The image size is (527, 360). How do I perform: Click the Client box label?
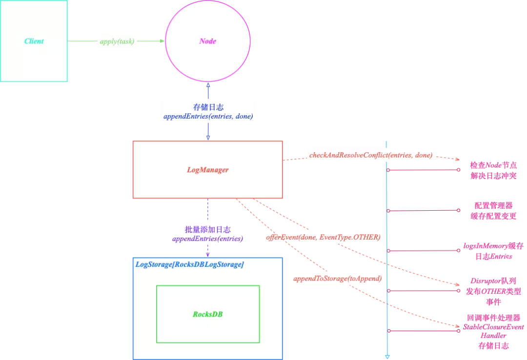pos(34,41)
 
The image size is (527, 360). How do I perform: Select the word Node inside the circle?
pos(208,41)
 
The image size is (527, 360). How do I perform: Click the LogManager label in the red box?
pos(208,170)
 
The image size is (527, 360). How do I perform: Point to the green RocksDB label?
pos(208,314)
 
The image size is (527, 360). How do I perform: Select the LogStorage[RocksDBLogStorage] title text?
pos(189,264)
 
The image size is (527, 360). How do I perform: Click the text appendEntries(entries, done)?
pos(208,117)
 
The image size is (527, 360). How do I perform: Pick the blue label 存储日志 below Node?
pos(208,107)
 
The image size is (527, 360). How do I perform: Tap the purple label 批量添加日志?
pos(208,229)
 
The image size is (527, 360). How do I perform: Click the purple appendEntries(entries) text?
pos(208,239)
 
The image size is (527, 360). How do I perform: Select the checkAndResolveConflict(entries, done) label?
pos(371,155)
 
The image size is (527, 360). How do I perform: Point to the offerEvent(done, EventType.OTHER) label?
pos(323,238)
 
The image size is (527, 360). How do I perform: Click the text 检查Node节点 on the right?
pos(493,165)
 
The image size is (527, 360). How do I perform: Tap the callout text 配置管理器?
pos(494,206)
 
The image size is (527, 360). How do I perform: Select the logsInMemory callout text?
pos(494,246)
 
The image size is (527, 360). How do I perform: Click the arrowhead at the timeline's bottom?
pos(387,357)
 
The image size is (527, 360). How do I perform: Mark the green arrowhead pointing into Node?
pos(162,41)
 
